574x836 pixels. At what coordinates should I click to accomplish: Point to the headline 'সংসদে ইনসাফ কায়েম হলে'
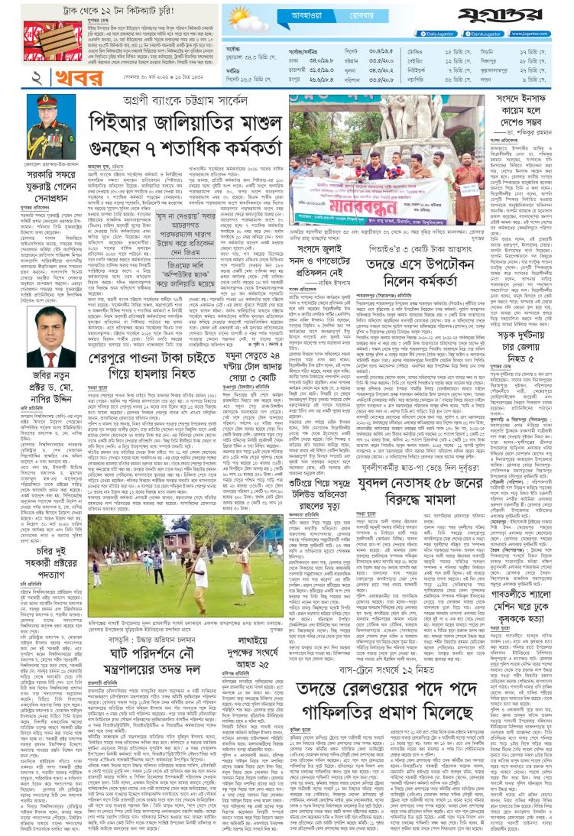tap(524, 105)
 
